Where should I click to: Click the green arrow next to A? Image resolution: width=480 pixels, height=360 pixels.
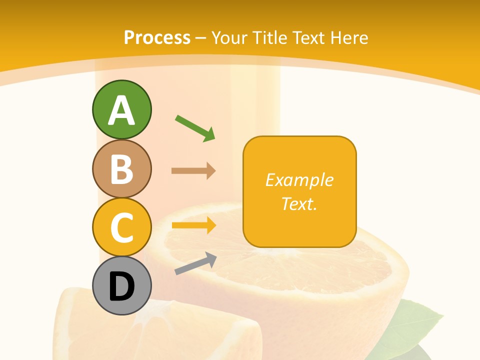tap(195, 127)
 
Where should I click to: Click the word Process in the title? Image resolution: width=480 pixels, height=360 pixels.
tap(157, 38)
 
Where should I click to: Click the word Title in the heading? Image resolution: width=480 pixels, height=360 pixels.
tap(270, 38)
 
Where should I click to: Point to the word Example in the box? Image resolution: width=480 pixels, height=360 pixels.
tap(299, 180)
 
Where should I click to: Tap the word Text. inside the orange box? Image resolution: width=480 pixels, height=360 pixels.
tap(299, 203)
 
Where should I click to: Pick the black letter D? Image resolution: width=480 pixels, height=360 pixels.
tap(122, 287)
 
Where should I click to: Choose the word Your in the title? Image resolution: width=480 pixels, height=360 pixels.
tap(231, 38)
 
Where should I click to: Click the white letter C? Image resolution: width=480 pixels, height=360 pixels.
tap(122, 227)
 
